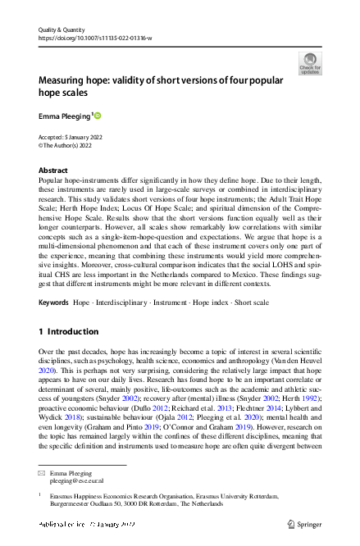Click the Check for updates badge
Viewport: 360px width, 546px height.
tap(310, 62)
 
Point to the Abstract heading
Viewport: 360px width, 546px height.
tap(53, 170)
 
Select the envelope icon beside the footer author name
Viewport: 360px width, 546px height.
tap(43, 473)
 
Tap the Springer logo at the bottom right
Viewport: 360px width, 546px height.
tap(303, 523)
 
